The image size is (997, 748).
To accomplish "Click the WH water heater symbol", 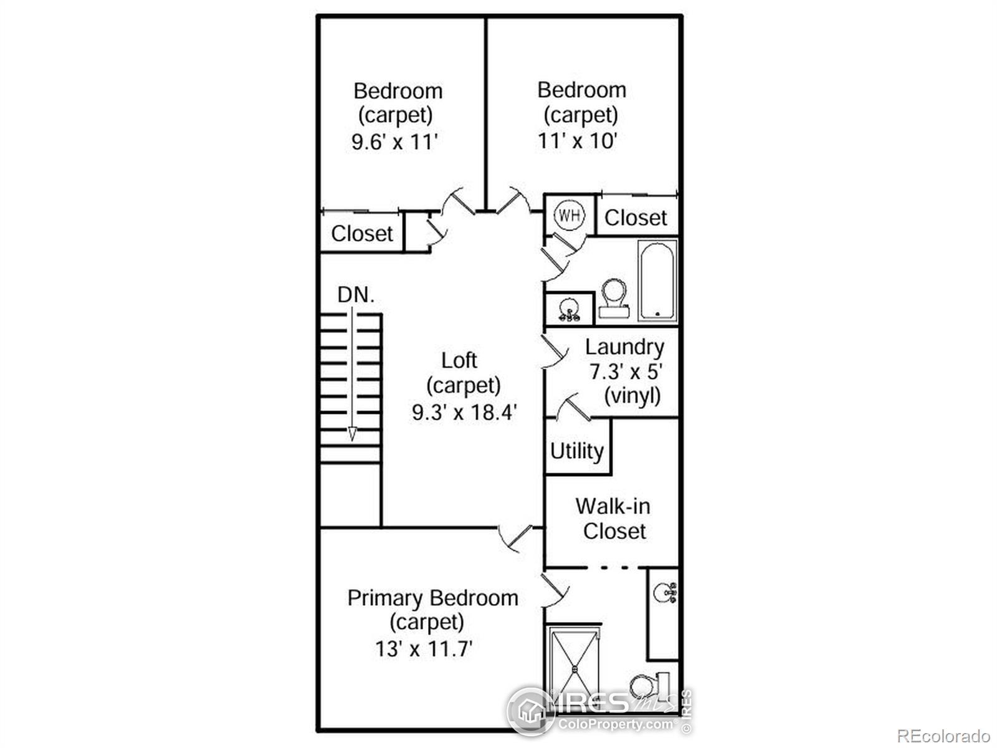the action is point(569,214).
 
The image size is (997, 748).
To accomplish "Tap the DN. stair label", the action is point(356,295).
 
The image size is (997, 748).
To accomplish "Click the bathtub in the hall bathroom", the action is point(657,281).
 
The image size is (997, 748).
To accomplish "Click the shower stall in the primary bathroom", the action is point(575,669).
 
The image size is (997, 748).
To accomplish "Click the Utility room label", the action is point(577,451).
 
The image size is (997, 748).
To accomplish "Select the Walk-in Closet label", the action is point(613,519).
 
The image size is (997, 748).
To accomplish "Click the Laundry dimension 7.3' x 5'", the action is point(626,372).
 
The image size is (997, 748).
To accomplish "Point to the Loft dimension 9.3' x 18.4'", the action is point(465,413).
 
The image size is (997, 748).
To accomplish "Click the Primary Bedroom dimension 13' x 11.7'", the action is point(424,648).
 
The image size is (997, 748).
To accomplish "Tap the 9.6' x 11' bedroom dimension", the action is point(394,141).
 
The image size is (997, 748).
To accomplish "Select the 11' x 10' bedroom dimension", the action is point(577,140).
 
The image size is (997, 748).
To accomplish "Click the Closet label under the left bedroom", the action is point(362,234).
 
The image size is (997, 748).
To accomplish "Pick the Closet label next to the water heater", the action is point(636,218).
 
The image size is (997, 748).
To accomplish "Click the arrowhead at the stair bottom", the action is point(352,434).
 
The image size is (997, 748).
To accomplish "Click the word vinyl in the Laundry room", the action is point(632,396).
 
